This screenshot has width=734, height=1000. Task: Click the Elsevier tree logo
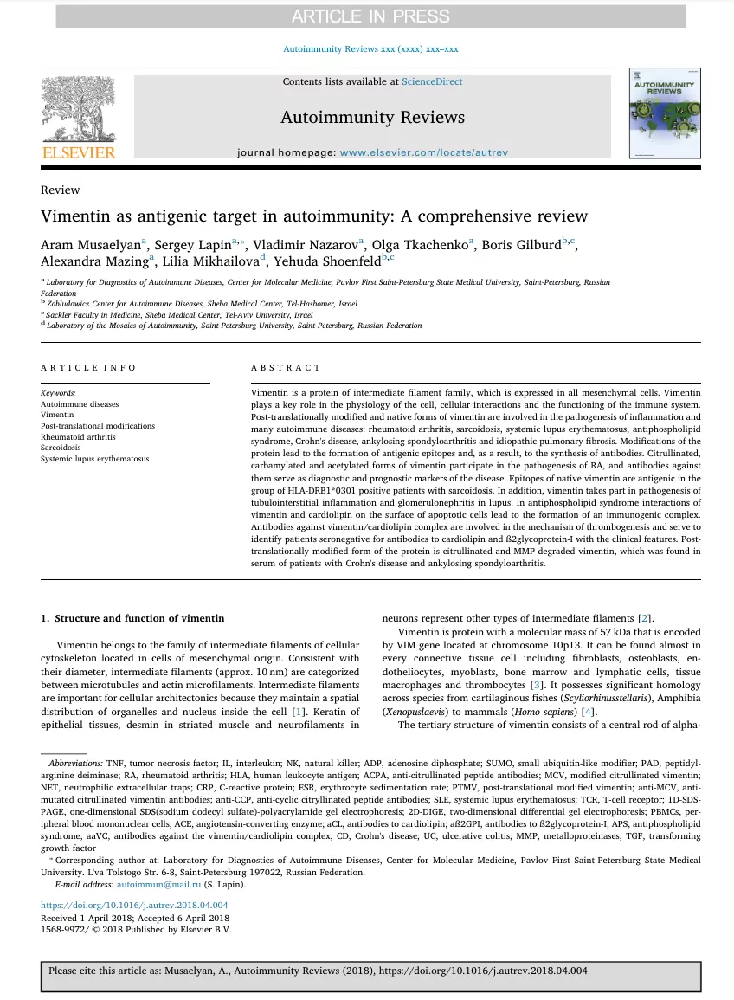(x=78, y=110)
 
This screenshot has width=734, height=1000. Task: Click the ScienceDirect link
(x=432, y=81)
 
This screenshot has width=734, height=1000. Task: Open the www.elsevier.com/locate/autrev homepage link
(x=423, y=152)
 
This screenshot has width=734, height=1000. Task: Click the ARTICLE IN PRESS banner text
(x=371, y=16)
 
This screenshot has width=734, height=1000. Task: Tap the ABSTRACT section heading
(x=286, y=368)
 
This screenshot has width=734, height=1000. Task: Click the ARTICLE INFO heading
(x=88, y=368)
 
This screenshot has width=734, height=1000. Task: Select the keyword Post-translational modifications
(x=98, y=426)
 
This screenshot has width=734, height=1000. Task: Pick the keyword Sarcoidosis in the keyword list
(x=61, y=448)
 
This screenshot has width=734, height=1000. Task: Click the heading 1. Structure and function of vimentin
(x=132, y=618)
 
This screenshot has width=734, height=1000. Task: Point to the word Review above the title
(x=60, y=190)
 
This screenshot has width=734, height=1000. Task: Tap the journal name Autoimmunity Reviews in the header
(x=372, y=117)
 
